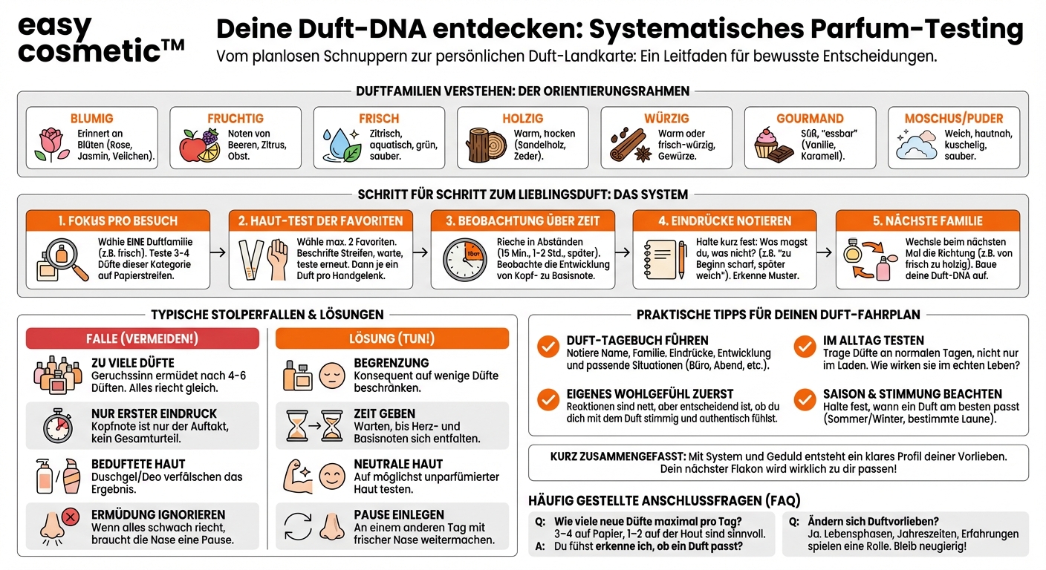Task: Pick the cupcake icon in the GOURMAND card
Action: (x=770, y=145)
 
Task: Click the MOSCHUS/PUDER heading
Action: (x=953, y=119)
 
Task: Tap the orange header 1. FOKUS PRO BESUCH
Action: (x=118, y=220)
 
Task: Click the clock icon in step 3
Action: (x=465, y=259)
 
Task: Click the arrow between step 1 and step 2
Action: (x=218, y=252)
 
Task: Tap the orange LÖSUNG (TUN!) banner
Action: (x=392, y=338)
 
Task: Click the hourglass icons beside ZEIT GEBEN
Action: (x=314, y=426)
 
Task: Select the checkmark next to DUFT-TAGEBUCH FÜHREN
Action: (x=548, y=347)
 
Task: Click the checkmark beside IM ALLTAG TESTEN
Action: (x=805, y=347)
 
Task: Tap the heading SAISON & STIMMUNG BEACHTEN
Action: (x=912, y=394)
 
